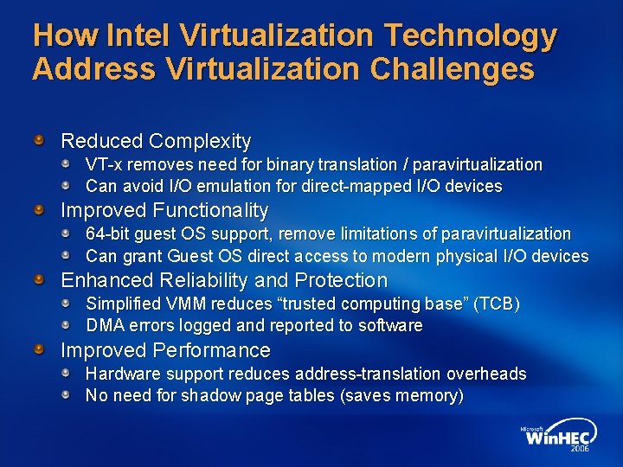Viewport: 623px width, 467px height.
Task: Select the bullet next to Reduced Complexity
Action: (39, 139)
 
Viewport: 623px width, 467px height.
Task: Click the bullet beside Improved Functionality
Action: (39, 209)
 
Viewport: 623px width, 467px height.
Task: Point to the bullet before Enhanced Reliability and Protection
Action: (39, 279)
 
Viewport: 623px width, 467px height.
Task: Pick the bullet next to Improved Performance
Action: (39, 349)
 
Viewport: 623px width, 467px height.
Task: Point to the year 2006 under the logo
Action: (580, 450)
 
